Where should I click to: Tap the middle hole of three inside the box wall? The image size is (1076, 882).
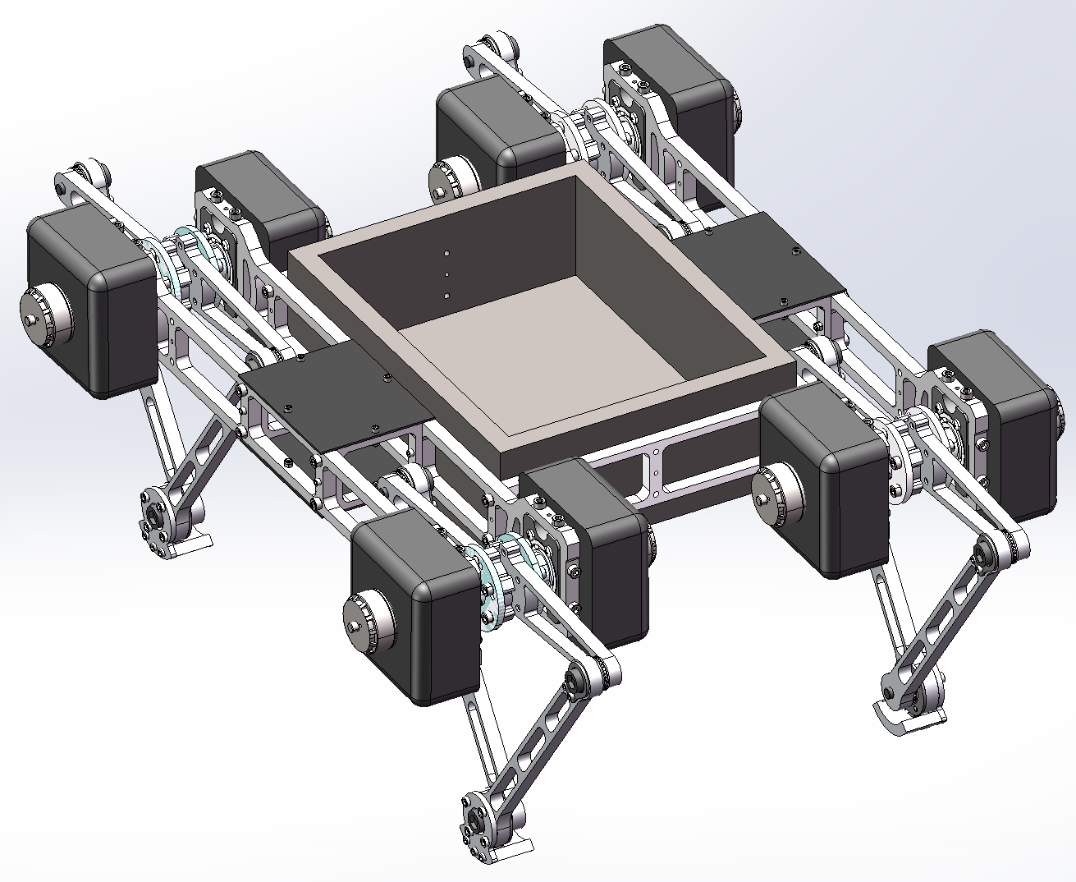pyautogui.click(x=446, y=274)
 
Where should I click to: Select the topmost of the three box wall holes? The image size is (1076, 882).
pyautogui.click(x=446, y=254)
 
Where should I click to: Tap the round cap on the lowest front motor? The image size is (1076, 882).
pyautogui.click(x=362, y=623)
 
